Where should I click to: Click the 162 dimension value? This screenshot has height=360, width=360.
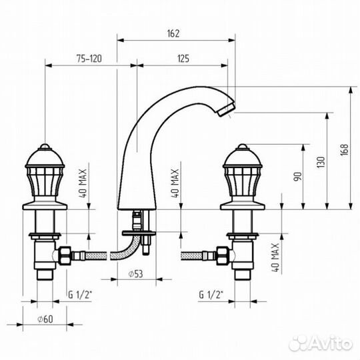pos(173,33)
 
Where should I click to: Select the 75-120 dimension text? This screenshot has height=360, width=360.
pos(89,59)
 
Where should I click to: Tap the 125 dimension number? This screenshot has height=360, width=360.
pos(183,59)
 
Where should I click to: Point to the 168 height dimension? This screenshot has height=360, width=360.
pos(344,150)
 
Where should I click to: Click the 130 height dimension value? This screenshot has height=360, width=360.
pos(321,162)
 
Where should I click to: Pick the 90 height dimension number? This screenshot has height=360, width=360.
pos(297,176)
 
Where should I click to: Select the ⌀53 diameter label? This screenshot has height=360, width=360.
pos(135,274)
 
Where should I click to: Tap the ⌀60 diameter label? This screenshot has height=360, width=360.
pos(45,319)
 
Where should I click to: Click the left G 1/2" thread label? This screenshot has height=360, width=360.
pos(80,295)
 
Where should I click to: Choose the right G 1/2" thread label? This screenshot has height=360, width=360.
pos(211,295)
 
